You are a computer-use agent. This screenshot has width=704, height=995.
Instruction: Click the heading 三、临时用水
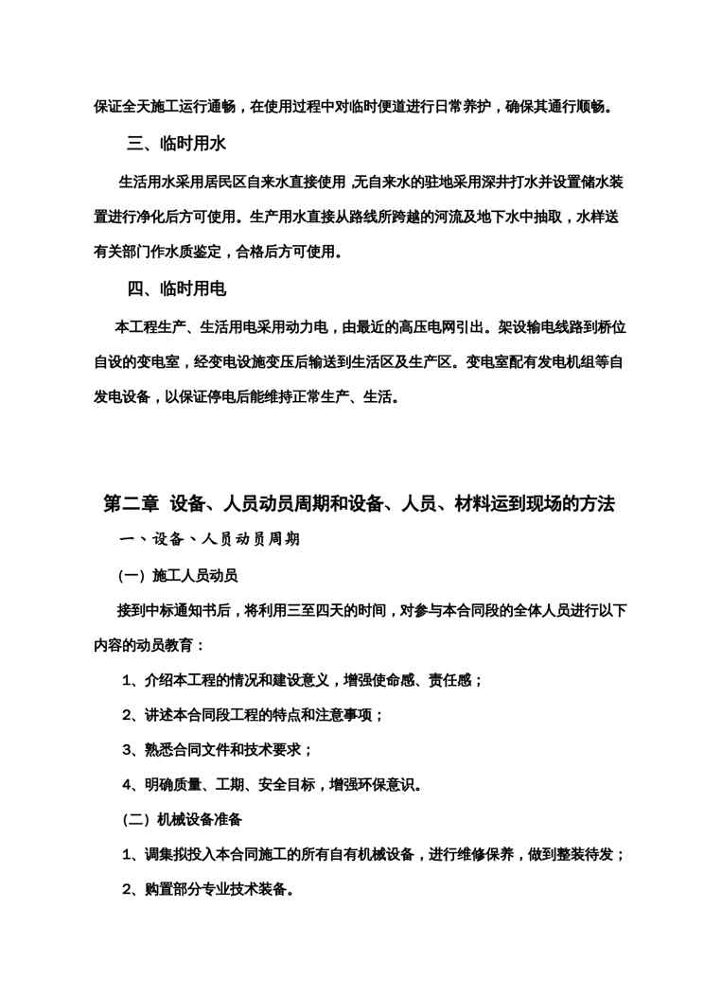point(176,145)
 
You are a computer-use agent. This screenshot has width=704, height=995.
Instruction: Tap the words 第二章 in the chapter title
point(131,504)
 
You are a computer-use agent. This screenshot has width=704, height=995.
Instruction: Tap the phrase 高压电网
point(429,327)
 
